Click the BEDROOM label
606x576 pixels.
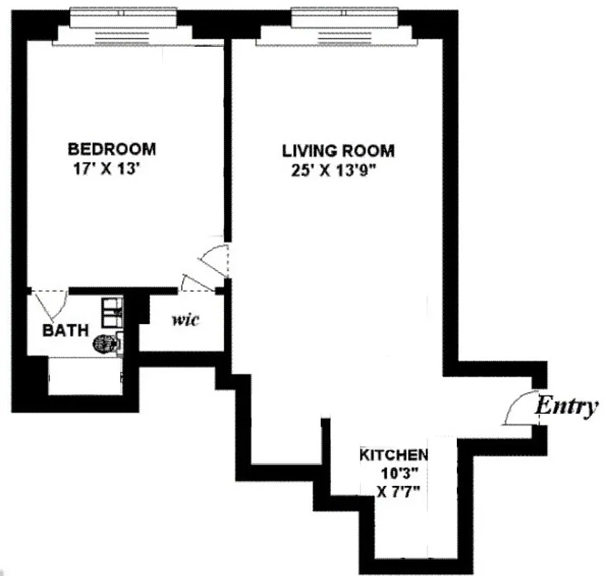coord(112,149)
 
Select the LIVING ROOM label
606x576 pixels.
coord(338,151)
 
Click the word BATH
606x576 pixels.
coord(66,331)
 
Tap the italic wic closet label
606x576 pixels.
coord(185,319)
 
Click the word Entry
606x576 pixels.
coord(566,407)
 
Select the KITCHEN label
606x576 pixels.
coord(393,455)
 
